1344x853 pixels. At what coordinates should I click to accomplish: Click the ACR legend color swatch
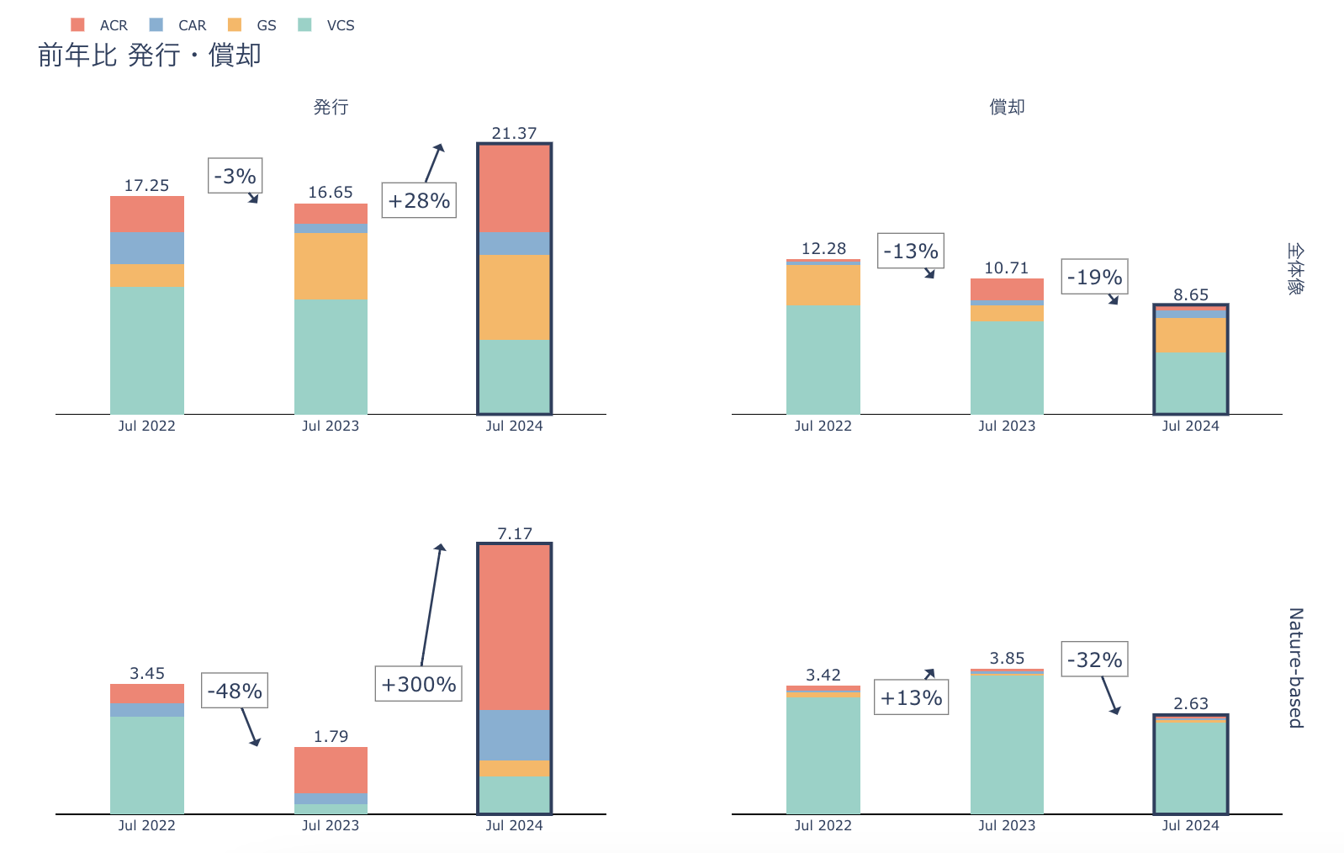point(77,25)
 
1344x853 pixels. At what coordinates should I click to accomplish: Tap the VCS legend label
point(341,25)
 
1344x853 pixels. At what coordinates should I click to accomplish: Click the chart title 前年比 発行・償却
point(150,56)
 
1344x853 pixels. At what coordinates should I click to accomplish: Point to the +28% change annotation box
point(419,200)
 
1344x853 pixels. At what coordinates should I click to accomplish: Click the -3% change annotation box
point(235,176)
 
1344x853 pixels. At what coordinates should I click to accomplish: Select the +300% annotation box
point(419,684)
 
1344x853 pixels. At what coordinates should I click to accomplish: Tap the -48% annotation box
point(235,691)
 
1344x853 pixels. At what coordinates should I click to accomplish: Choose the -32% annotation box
point(1094,660)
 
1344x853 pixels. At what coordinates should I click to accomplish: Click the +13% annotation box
point(911,697)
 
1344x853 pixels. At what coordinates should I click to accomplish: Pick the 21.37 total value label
point(514,133)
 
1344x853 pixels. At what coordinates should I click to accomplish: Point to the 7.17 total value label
point(514,533)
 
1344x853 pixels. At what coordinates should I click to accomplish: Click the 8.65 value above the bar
point(1191,294)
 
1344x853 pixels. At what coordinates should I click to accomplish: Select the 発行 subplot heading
point(331,107)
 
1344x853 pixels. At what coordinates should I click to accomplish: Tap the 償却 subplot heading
point(1007,107)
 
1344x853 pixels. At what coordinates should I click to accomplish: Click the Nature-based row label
point(1296,667)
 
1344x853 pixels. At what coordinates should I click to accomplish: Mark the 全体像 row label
point(1295,269)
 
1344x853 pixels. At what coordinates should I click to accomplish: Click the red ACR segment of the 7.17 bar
point(514,627)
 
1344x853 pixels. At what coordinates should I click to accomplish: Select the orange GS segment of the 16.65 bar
point(331,266)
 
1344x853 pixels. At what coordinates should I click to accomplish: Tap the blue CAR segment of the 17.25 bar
point(147,247)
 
